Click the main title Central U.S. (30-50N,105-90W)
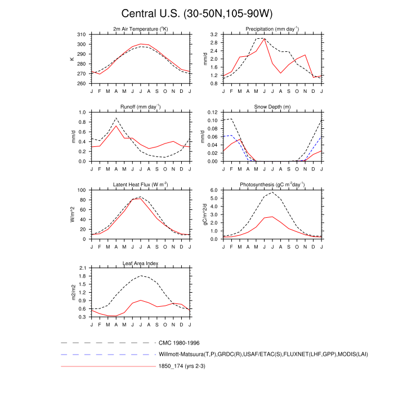[x=197, y=13]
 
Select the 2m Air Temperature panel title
[x=141, y=29]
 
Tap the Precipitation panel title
[x=272, y=29]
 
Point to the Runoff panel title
[x=141, y=106]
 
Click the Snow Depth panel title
[x=272, y=106]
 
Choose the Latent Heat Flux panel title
[x=141, y=184]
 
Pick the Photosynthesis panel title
[x=272, y=184]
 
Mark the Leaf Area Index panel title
[x=141, y=262]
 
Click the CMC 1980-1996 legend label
[x=180, y=342]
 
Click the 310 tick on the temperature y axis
[x=82, y=35]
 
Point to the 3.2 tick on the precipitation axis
[x=213, y=35]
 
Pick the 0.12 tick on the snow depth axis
[x=212, y=113]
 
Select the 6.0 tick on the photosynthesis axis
[x=213, y=190]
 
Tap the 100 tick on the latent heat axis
[x=82, y=190]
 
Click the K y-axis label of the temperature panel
[x=72, y=59]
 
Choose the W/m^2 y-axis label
[x=72, y=214]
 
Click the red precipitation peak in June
[x=265, y=39]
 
